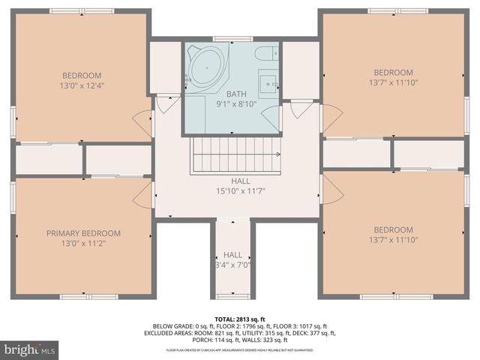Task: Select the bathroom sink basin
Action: (268, 82)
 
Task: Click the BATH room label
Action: (236, 94)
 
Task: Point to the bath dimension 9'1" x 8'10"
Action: (236, 104)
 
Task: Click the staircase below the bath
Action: (235, 154)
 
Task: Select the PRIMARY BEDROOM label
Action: (82, 233)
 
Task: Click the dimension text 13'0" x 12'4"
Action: (82, 85)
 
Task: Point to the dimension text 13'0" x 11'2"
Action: (82, 244)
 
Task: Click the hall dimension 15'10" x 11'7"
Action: (241, 191)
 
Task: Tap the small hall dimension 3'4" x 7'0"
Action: (232, 265)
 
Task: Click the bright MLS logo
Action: (30, 349)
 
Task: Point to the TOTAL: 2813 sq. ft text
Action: (240, 319)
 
